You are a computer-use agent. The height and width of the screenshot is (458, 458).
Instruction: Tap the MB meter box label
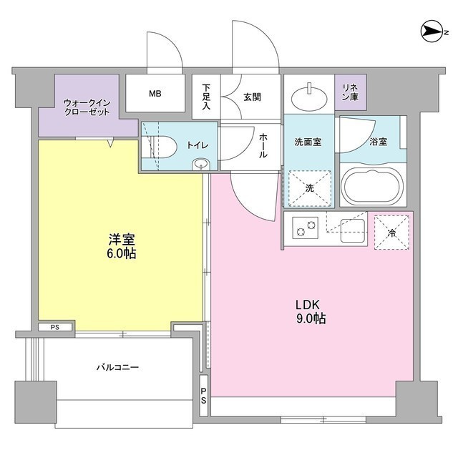click(x=155, y=93)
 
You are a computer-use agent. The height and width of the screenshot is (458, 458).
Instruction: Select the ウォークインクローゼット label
click(x=88, y=107)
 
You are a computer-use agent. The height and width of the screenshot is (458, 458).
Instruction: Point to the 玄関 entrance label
click(x=251, y=97)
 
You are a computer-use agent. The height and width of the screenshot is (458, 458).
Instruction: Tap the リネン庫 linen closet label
click(x=350, y=92)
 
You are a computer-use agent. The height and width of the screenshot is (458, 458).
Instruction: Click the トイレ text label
click(x=198, y=145)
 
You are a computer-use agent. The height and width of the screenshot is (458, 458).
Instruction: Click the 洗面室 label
click(x=308, y=142)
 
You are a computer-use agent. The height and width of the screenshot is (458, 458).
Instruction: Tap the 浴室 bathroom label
click(x=378, y=142)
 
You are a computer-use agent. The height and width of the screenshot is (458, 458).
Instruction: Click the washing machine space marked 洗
click(x=309, y=188)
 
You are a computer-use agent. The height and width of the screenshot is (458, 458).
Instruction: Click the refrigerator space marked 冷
click(x=391, y=231)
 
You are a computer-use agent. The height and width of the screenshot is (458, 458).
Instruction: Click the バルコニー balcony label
click(x=117, y=367)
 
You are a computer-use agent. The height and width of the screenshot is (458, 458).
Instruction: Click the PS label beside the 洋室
click(x=54, y=328)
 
